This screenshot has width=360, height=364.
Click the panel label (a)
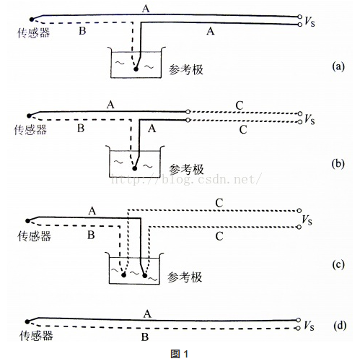click(338, 66)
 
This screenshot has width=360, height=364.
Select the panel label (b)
click(338, 164)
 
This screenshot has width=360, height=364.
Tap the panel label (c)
click(338, 264)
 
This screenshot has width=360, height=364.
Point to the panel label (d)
click(340, 326)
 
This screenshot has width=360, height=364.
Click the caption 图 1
click(180, 354)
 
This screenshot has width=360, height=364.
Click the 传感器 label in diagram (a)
click(34, 32)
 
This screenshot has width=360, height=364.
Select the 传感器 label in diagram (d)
click(36, 335)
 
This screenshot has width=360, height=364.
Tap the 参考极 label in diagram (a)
click(186, 70)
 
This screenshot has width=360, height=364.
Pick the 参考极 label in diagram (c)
click(185, 277)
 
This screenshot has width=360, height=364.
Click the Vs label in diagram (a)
click(309, 21)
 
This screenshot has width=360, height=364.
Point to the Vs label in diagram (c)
click(307, 220)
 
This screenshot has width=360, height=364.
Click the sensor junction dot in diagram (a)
click(32, 19)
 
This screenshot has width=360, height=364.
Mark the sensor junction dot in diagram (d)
click(27, 321)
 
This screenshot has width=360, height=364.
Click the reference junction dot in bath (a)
click(136, 69)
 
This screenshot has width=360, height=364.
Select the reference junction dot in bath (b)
click(135, 168)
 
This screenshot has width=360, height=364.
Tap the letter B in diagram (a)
click(82, 31)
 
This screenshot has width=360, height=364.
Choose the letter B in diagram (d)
click(145, 337)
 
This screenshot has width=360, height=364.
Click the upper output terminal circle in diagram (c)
click(299, 211)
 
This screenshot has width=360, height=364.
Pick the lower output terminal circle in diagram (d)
click(298, 328)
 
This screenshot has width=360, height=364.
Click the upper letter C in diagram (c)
click(219, 203)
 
